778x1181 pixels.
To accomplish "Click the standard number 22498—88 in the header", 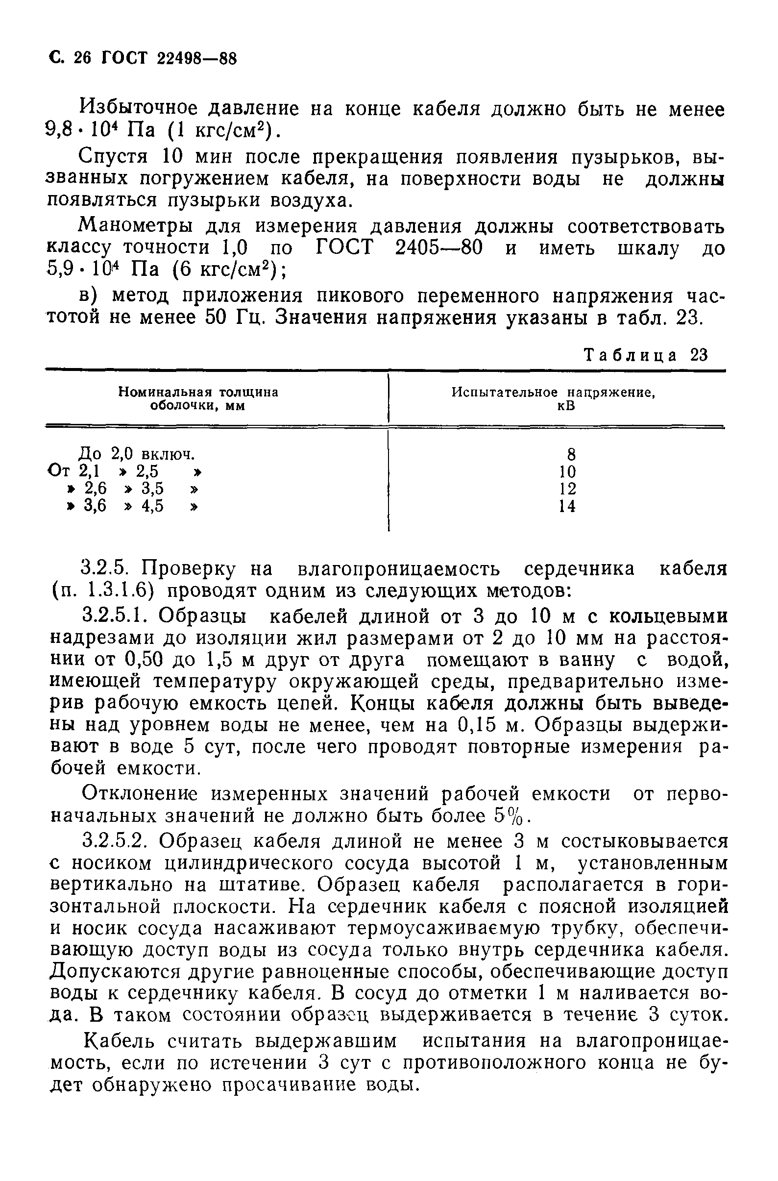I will point(197,59).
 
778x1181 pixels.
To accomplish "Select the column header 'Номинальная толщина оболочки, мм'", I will point(198,399).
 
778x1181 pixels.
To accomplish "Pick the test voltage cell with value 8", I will point(571,454).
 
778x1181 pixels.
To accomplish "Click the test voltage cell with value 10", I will point(568,471).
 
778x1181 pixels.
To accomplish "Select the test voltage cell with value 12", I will point(568,489).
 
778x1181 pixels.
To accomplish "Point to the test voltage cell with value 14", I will point(568,506).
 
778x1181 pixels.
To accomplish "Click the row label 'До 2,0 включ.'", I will point(137,454).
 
